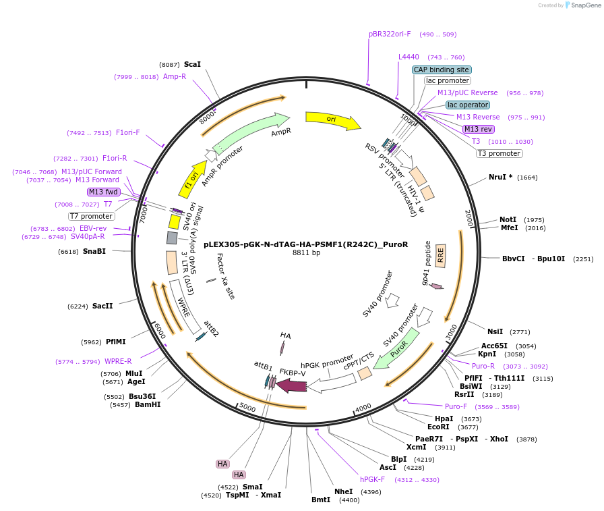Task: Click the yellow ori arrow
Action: click(333, 120)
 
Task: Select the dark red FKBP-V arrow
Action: click(291, 385)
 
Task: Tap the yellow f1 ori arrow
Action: click(193, 179)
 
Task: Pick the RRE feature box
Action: click(440, 255)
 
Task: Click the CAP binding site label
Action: click(442, 70)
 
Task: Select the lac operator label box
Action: click(468, 105)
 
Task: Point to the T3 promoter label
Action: click(500, 153)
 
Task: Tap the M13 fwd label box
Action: click(103, 192)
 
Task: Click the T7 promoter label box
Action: click(91, 217)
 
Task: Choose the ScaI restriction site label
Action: click(192, 64)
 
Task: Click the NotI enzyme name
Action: click(508, 219)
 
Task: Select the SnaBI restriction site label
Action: click(94, 252)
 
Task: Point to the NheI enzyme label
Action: click(343, 491)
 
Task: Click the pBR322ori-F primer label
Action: click(390, 34)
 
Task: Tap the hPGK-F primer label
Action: click(372, 479)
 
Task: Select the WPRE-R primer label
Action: click(118, 361)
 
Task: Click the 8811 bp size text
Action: click(306, 252)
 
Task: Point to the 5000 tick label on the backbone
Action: click(247, 407)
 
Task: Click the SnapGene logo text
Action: click(586, 5)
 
